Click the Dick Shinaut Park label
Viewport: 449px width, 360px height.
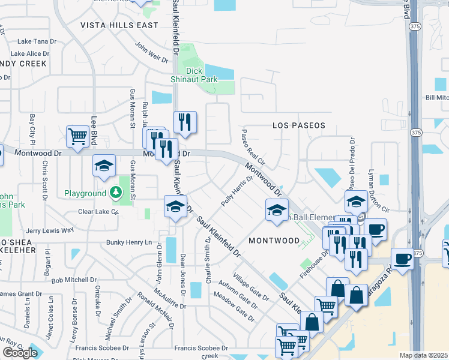coord(201,75)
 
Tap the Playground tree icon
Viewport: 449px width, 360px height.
coord(115,193)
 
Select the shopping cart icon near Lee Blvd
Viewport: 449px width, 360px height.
coord(78,137)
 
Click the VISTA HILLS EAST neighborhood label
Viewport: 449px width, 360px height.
coord(119,25)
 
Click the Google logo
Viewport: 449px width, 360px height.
coord(20,353)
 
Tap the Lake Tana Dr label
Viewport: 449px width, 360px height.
coord(37,41)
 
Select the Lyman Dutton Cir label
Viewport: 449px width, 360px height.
coord(386,195)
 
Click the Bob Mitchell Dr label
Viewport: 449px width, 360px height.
coord(74,280)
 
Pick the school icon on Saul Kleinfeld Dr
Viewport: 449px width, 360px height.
coord(175,206)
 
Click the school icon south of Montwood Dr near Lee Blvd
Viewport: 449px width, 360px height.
coord(104,166)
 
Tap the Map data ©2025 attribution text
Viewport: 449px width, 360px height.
coord(424,355)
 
